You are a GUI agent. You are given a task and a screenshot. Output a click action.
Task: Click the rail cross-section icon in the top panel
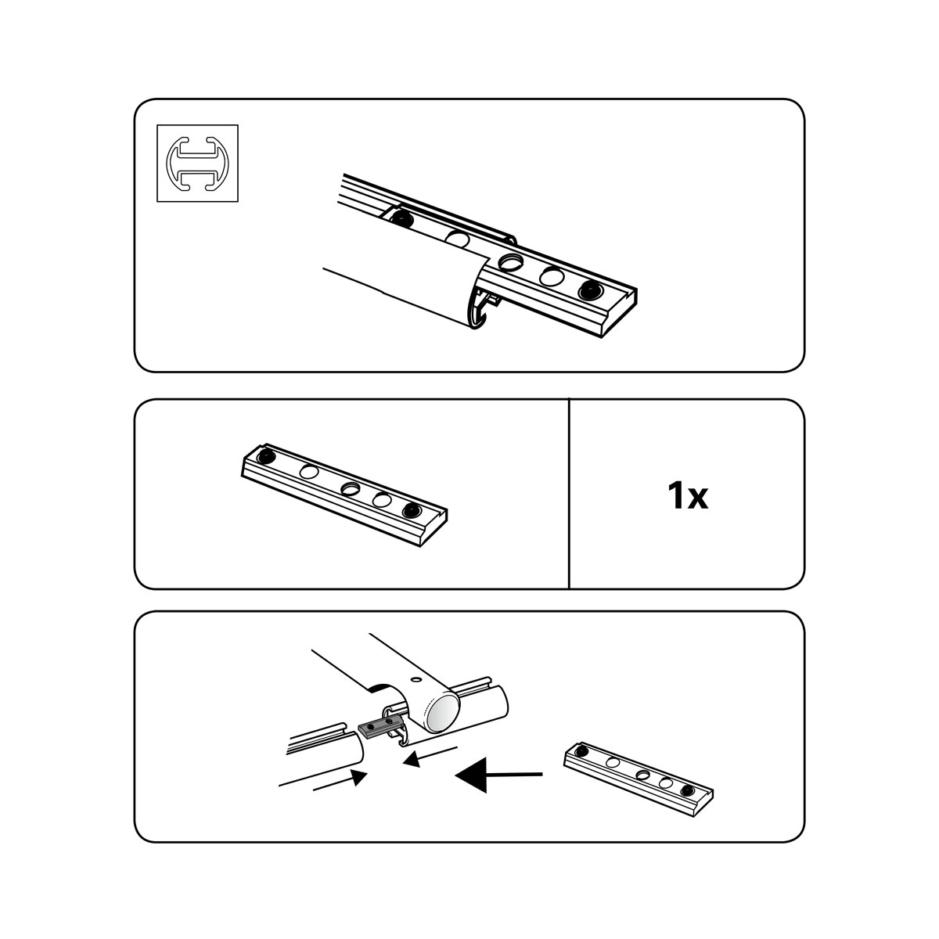[197, 163]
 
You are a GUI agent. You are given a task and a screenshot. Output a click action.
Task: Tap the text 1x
[687, 496]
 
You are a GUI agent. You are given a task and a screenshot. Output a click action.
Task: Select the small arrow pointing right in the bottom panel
[340, 779]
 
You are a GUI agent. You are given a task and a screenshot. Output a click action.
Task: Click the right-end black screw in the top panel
[590, 291]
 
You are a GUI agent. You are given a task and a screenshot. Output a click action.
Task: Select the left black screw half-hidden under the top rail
[401, 218]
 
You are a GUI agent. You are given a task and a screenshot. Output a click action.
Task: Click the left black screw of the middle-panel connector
[265, 457]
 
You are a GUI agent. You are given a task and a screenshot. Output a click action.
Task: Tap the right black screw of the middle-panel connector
[412, 510]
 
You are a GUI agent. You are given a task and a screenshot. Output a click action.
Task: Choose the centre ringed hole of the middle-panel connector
[350, 487]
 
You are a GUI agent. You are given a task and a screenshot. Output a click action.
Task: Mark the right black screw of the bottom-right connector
[688, 790]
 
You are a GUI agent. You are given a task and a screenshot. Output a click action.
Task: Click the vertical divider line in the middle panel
[569, 494]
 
